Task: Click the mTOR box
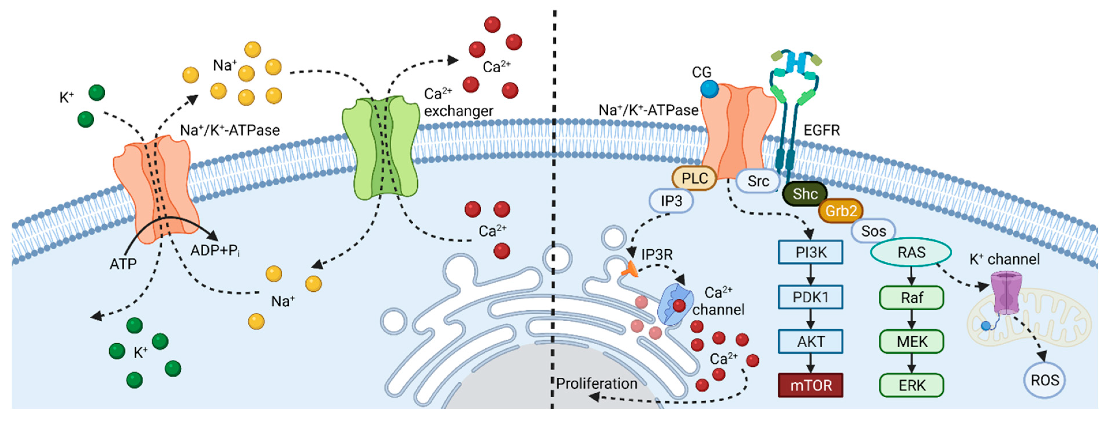[810, 385]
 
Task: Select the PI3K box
[810, 252]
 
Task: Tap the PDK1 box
[810, 297]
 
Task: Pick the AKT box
[810, 341]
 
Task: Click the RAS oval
[911, 252]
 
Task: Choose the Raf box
[911, 297]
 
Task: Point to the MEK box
[911, 341]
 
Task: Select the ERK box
[911, 385]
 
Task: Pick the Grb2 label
[840, 211]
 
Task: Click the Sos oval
[873, 231]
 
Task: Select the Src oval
[758, 181]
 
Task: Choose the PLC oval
[694, 178]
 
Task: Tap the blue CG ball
[709, 89]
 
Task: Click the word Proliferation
[596, 383]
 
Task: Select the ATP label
[123, 263]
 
